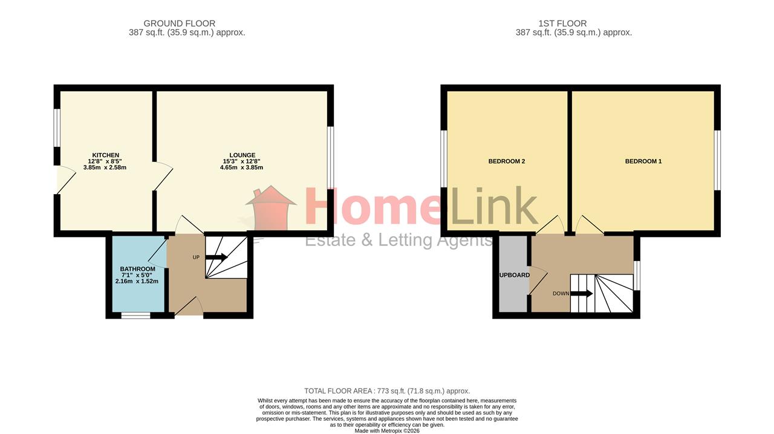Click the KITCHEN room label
105,155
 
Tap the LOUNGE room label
242,155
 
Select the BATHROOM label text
137,269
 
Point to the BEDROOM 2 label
507,161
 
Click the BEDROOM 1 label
643,161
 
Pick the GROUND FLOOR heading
180,24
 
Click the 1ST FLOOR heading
562,24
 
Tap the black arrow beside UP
216,257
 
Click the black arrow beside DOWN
582,294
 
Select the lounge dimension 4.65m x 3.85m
241,167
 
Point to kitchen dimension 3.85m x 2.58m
105,167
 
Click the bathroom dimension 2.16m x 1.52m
137,281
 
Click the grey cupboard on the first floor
513,274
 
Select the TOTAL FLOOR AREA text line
387,391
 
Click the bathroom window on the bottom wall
136,315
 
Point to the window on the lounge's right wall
331,158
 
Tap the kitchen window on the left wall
57,128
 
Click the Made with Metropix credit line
387,431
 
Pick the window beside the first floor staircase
637,276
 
